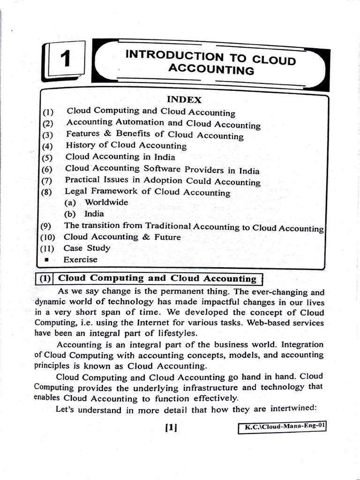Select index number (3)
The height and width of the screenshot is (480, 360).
48,135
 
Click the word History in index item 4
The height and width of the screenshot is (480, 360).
81,145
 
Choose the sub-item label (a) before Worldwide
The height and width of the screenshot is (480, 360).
73,202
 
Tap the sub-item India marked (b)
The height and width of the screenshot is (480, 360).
94,214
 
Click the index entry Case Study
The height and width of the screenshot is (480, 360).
87,248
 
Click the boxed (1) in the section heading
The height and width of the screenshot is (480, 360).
45,278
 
